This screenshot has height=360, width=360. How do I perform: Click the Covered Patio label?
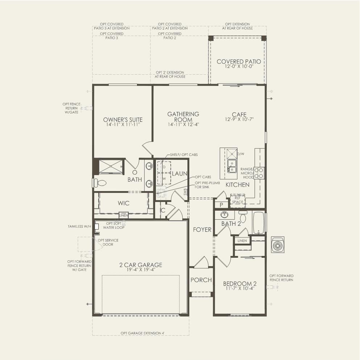pyautogui.click(x=239, y=62)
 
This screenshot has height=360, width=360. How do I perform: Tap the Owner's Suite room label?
pyautogui.click(x=123, y=120)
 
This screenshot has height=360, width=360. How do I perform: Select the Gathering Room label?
pyautogui.click(x=183, y=116)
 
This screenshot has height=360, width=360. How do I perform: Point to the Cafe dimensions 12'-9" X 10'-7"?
pyautogui.click(x=239, y=119)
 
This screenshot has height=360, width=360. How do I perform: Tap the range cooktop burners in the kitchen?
pyautogui.click(x=259, y=173)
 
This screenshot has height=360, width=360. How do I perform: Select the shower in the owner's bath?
pyautogui.click(x=111, y=166)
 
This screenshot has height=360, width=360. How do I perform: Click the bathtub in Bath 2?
pyautogui.click(x=259, y=222)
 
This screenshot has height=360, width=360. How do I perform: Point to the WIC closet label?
pyautogui.click(x=124, y=203)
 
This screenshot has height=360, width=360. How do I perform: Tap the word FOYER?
pyautogui.click(x=202, y=229)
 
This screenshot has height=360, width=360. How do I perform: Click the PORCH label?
pyautogui.click(x=201, y=280)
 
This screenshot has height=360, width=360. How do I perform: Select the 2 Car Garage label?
pyautogui.click(x=141, y=265)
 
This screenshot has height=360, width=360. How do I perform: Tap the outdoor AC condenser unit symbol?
pyautogui.click(x=278, y=245)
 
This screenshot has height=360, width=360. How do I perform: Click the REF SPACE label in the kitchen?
pyautogui.click(x=238, y=200)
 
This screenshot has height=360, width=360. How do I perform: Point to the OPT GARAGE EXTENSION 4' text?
pyautogui.click(x=142, y=333)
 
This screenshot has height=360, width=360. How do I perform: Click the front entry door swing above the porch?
pyautogui.click(x=202, y=262)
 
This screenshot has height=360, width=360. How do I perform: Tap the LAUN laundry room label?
pyautogui.click(x=179, y=174)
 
